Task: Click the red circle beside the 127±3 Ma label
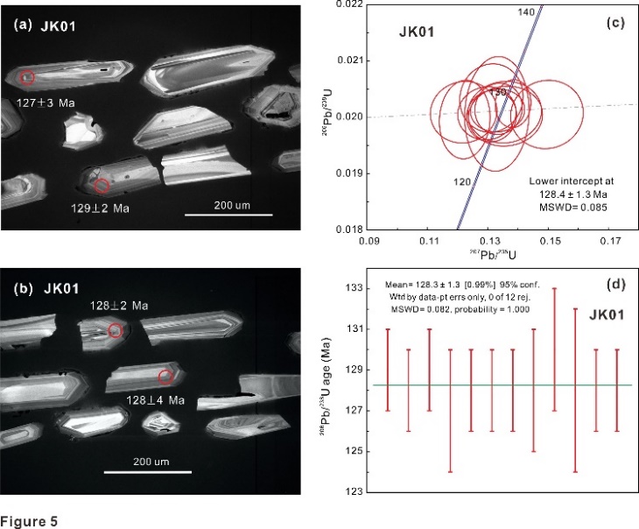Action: tap(28, 78)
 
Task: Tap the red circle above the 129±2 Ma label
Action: tap(102, 186)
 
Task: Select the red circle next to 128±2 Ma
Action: tap(116, 330)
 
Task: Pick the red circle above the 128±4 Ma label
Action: tap(165, 377)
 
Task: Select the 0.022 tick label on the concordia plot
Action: tap(348, 5)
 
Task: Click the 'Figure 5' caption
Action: tap(30, 522)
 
